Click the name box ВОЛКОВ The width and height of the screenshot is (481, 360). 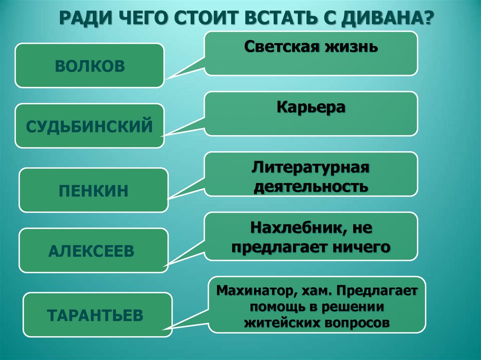(x=89, y=65)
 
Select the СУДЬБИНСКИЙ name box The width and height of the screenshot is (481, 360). (x=89, y=126)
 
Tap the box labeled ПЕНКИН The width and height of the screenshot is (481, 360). (x=93, y=190)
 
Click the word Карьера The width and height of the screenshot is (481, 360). (x=311, y=107)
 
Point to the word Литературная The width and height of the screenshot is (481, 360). (x=311, y=168)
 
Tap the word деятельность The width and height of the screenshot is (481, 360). (x=311, y=186)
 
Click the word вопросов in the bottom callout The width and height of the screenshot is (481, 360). (x=357, y=323)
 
